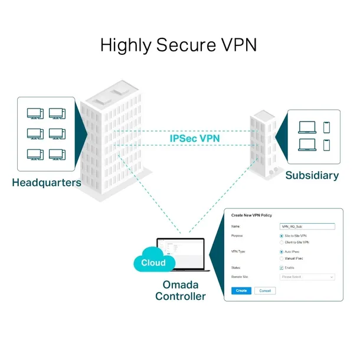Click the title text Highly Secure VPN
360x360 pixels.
tap(179, 45)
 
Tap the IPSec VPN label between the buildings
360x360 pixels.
tap(195, 138)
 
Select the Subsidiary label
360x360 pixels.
tap(312, 175)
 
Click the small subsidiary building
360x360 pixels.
tap(263, 145)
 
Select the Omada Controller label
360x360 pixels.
tap(180, 290)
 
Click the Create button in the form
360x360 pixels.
tap(241, 290)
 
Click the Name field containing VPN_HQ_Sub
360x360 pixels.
tap(306, 226)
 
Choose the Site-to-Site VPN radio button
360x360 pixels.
tap(282, 236)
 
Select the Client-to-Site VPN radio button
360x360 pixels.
tap(282, 243)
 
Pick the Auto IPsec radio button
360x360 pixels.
tap(282, 252)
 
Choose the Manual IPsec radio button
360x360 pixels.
tap(282, 258)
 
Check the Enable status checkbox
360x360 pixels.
tap(282, 267)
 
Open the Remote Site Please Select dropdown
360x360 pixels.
tap(306, 277)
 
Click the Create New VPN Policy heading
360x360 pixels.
tap(253, 216)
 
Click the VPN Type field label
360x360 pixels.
tap(238, 252)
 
